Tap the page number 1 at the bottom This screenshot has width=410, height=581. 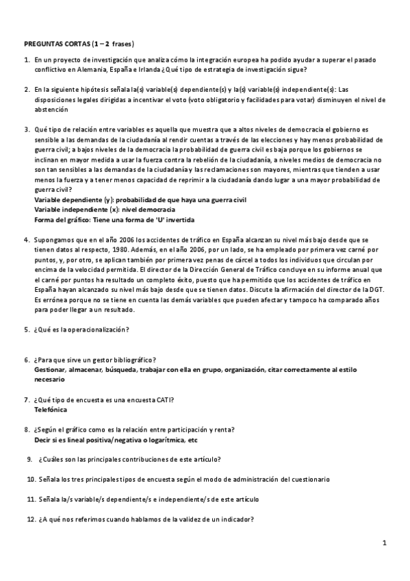pyautogui.click(x=385, y=543)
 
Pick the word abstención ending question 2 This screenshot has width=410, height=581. pyautogui.click(x=51, y=109)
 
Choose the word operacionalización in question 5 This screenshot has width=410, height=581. pyautogui.click(x=96, y=330)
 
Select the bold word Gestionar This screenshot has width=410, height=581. pyautogui.click(x=51, y=369)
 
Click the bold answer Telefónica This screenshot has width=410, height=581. pyautogui.click(x=51, y=409)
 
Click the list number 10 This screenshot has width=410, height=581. pyautogui.click(x=31, y=479)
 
